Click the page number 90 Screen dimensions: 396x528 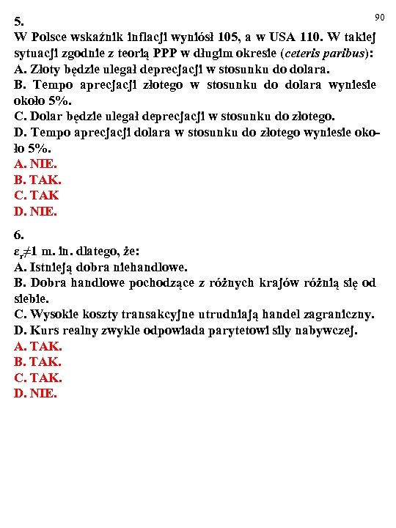(379, 16)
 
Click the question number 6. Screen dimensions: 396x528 (18, 235)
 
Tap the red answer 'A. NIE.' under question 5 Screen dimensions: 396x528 (34, 164)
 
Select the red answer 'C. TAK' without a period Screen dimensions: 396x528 (36, 196)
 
